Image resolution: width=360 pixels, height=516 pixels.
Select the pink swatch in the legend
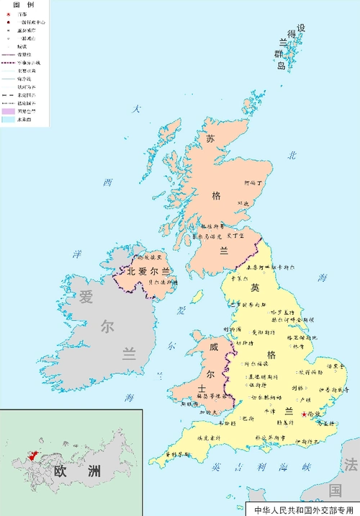[x=9, y=111]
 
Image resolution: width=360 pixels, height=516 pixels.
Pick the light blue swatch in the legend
[x=9, y=120]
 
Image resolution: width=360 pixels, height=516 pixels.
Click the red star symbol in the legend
[x=9, y=14]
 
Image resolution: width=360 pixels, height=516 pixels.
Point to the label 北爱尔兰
[x=148, y=272]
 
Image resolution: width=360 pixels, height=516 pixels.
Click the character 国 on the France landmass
[x=335, y=490]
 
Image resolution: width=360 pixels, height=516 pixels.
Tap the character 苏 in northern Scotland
[x=210, y=138]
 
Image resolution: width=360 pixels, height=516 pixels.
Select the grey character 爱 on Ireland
[x=86, y=296]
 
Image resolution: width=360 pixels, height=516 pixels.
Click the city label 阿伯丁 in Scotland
[x=255, y=184]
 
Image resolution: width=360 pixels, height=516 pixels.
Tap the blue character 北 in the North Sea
[x=292, y=154]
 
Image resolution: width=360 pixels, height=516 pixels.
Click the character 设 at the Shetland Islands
[x=301, y=28]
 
